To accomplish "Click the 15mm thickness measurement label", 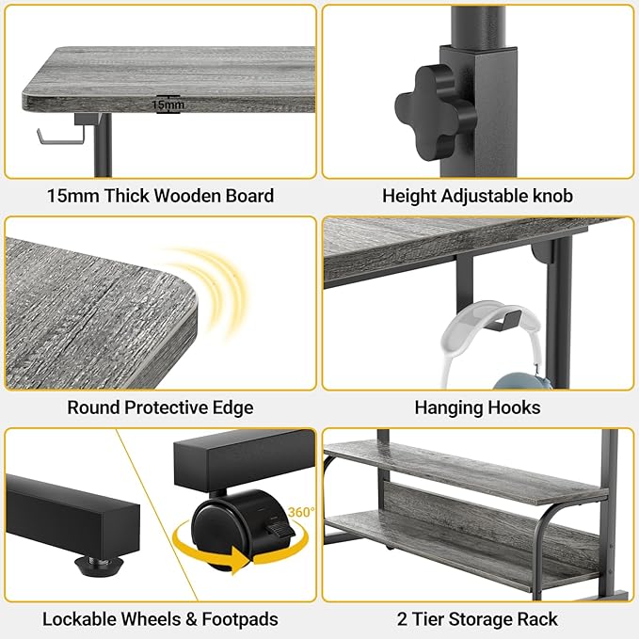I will [x=169, y=104].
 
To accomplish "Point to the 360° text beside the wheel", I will [x=300, y=512].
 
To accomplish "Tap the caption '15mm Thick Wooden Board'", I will [x=160, y=196].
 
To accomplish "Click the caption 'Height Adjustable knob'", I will [x=477, y=196].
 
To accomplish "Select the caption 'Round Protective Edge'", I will [x=160, y=407].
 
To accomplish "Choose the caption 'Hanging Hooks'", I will [x=477, y=407].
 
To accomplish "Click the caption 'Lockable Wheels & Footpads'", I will [x=160, y=619].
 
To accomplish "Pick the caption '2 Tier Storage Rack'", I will [x=477, y=619].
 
